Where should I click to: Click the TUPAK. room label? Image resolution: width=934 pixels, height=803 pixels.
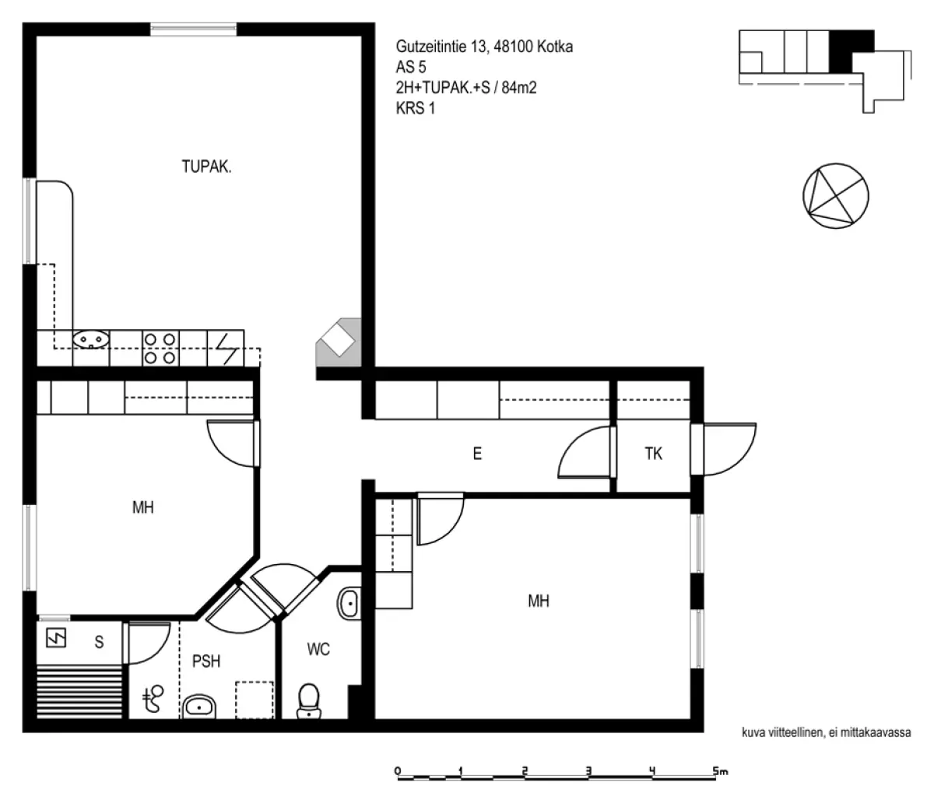206,167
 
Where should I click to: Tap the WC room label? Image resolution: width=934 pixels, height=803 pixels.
318,650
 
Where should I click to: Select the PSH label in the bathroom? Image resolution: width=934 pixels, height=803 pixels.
206,661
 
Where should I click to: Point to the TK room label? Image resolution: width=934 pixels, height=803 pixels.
653,454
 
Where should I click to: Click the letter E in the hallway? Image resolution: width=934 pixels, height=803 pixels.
477,454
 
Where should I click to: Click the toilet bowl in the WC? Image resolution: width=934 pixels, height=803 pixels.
309,700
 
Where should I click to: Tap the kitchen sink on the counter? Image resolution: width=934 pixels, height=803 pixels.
91,339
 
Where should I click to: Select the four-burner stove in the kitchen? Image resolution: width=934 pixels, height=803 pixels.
160,349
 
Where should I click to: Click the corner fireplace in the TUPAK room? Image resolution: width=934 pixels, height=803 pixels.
339,342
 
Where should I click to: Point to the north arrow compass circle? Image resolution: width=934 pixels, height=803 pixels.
835,196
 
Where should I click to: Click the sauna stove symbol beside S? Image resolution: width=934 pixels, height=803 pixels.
57,638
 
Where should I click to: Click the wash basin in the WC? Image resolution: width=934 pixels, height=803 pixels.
349,603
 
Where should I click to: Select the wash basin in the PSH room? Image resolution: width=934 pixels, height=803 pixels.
198,707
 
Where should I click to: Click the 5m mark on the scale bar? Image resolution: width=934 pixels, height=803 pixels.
720,771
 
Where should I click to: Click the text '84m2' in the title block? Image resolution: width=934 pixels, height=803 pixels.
519,88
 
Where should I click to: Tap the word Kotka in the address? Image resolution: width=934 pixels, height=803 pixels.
555,47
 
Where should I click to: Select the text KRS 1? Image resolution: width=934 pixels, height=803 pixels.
416,108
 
